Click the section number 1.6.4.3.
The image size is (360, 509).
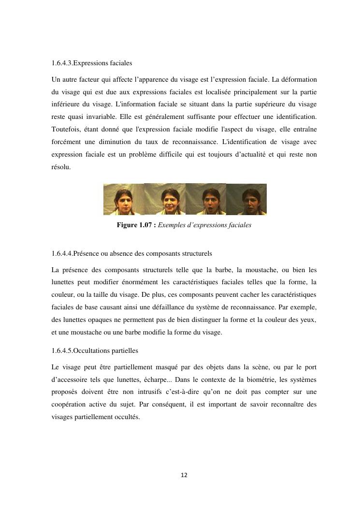pyautogui.click(x=61, y=63)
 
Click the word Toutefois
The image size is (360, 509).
pyautogui.click(x=66, y=129)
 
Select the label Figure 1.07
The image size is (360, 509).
pyautogui.click(x=134, y=225)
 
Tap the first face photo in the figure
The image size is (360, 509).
pyautogui.click(x=124, y=199)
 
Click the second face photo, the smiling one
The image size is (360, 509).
pyautogui.click(x=165, y=199)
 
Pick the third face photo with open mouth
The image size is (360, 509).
pyautogui.click(x=206, y=199)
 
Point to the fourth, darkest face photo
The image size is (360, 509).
pyautogui.click(x=246, y=199)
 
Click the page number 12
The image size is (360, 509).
pyautogui.click(x=184, y=475)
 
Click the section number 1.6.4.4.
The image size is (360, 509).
pyautogui.click(x=61, y=253)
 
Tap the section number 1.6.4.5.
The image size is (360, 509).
pyautogui.click(x=61, y=350)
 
